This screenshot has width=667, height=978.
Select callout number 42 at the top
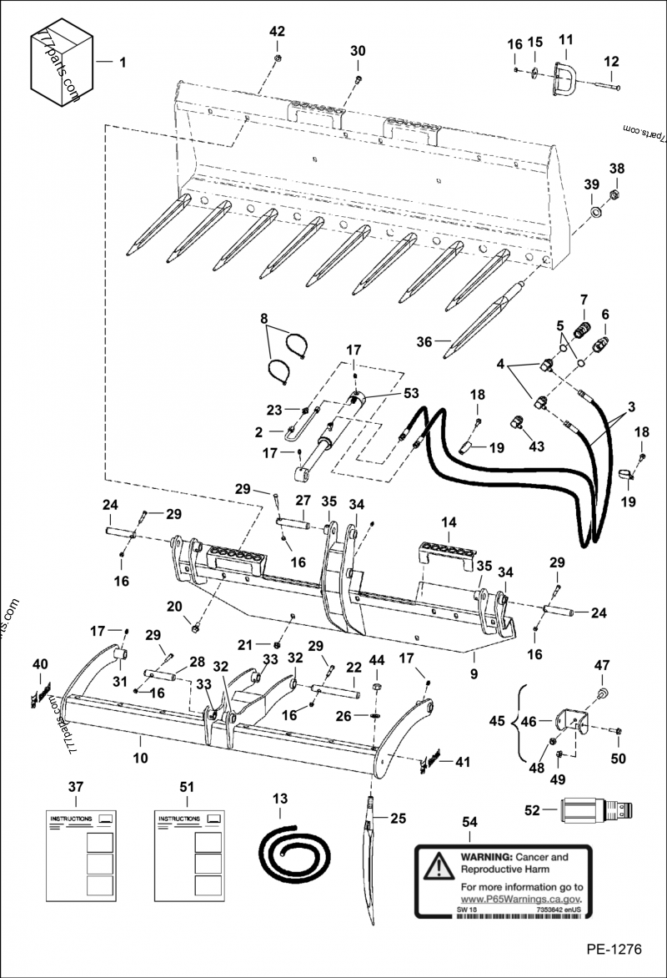(x=277, y=32)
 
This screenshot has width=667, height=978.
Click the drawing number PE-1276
(x=614, y=950)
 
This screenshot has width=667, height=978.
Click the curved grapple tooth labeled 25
(x=373, y=868)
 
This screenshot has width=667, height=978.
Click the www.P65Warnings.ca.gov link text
(x=519, y=900)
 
